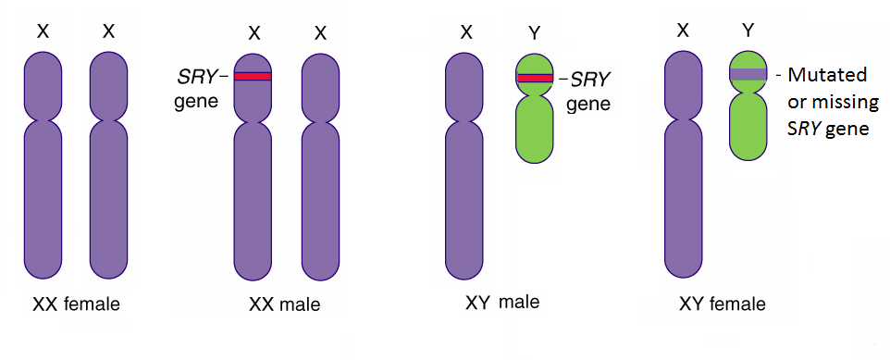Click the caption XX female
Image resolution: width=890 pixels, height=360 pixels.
pyautogui.click(x=76, y=303)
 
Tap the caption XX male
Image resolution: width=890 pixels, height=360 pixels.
pyautogui.click(x=284, y=304)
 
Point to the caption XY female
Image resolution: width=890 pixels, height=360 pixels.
pyautogui.click(x=723, y=303)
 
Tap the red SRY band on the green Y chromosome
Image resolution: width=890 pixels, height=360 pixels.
pyautogui.click(x=534, y=78)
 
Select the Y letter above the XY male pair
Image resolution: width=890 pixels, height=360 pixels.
pyautogui.click(x=534, y=33)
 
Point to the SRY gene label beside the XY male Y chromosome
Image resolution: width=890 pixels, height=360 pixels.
pyautogui.click(x=588, y=91)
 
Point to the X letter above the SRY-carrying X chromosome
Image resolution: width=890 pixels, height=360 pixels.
pyautogui.click(x=253, y=33)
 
